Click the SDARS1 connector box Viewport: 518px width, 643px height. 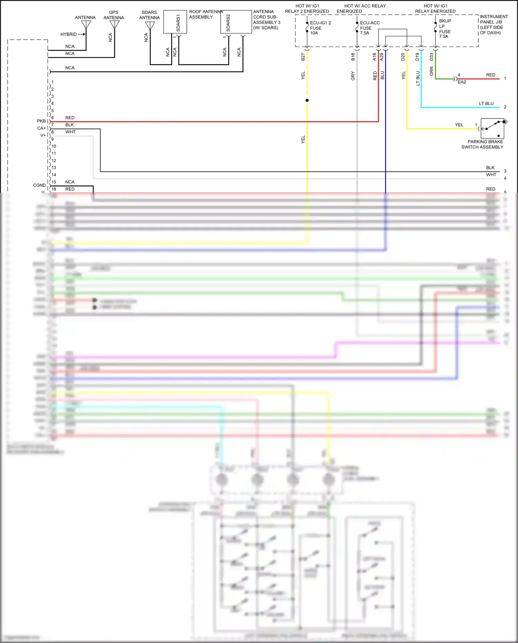click(x=175, y=22)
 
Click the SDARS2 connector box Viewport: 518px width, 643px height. click(x=236, y=22)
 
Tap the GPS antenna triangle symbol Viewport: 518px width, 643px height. click(x=114, y=25)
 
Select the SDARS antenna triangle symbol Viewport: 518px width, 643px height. click(x=150, y=26)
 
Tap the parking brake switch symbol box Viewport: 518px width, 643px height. click(x=492, y=129)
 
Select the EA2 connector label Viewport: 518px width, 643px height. click(x=462, y=82)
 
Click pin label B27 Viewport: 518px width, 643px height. click(x=303, y=57)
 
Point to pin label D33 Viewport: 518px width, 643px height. click(x=431, y=57)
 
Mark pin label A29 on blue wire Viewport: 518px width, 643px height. click(x=382, y=57)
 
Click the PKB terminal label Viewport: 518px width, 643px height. click(x=41, y=121)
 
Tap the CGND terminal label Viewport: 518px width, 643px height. click(x=39, y=185)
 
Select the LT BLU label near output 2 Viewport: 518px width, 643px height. click(x=486, y=103)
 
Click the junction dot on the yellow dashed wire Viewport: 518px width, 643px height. click(x=307, y=101)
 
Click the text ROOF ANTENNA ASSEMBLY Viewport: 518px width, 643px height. click(x=205, y=14)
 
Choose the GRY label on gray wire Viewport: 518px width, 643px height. click(x=353, y=76)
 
